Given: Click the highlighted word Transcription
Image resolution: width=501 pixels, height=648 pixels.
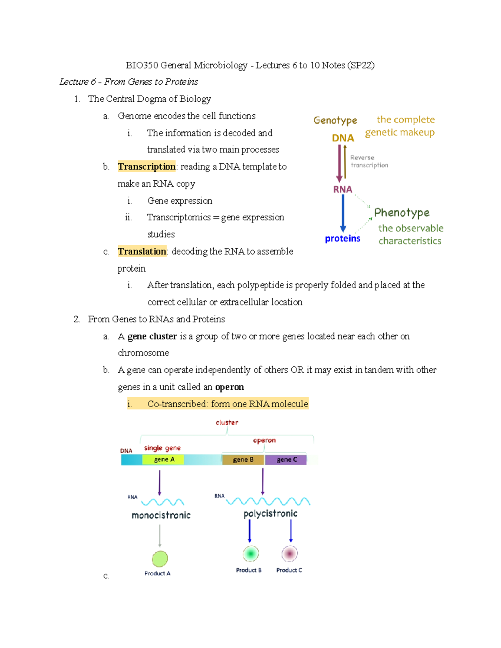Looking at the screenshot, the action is [x=147, y=166].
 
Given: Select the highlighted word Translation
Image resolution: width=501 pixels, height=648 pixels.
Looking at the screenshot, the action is [x=142, y=251].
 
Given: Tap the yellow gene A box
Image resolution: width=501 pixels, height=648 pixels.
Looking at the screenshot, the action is [x=163, y=459].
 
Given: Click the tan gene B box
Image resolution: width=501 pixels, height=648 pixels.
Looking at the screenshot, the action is [x=243, y=459].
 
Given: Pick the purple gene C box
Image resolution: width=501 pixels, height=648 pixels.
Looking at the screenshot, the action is [x=286, y=459].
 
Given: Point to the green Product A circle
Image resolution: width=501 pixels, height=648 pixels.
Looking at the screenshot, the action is [x=160, y=559].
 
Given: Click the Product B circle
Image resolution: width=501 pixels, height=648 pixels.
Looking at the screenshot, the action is [x=250, y=554].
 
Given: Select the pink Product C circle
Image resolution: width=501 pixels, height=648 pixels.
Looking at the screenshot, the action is [x=289, y=554].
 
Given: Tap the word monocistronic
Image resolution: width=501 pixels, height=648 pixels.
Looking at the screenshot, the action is [x=161, y=515].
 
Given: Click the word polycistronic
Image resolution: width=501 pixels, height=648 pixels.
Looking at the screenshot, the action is [x=271, y=514].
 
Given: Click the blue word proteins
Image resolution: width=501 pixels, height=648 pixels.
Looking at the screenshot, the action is [x=342, y=239].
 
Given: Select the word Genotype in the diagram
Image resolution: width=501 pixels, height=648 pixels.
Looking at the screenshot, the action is [x=335, y=121].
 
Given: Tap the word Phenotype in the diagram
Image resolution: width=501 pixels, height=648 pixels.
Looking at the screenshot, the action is [x=402, y=213].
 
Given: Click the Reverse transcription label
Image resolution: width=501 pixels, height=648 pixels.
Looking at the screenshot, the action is [x=369, y=161].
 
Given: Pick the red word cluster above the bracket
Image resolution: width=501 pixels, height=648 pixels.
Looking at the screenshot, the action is [x=227, y=423].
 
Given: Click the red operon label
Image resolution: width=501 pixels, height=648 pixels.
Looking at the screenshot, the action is [x=264, y=440].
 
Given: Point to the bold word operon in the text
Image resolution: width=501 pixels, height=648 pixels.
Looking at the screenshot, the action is [x=229, y=387].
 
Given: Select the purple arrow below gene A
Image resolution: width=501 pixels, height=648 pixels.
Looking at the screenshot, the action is [x=159, y=482].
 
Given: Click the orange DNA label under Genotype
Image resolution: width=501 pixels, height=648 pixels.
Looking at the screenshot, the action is [x=343, y=138].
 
